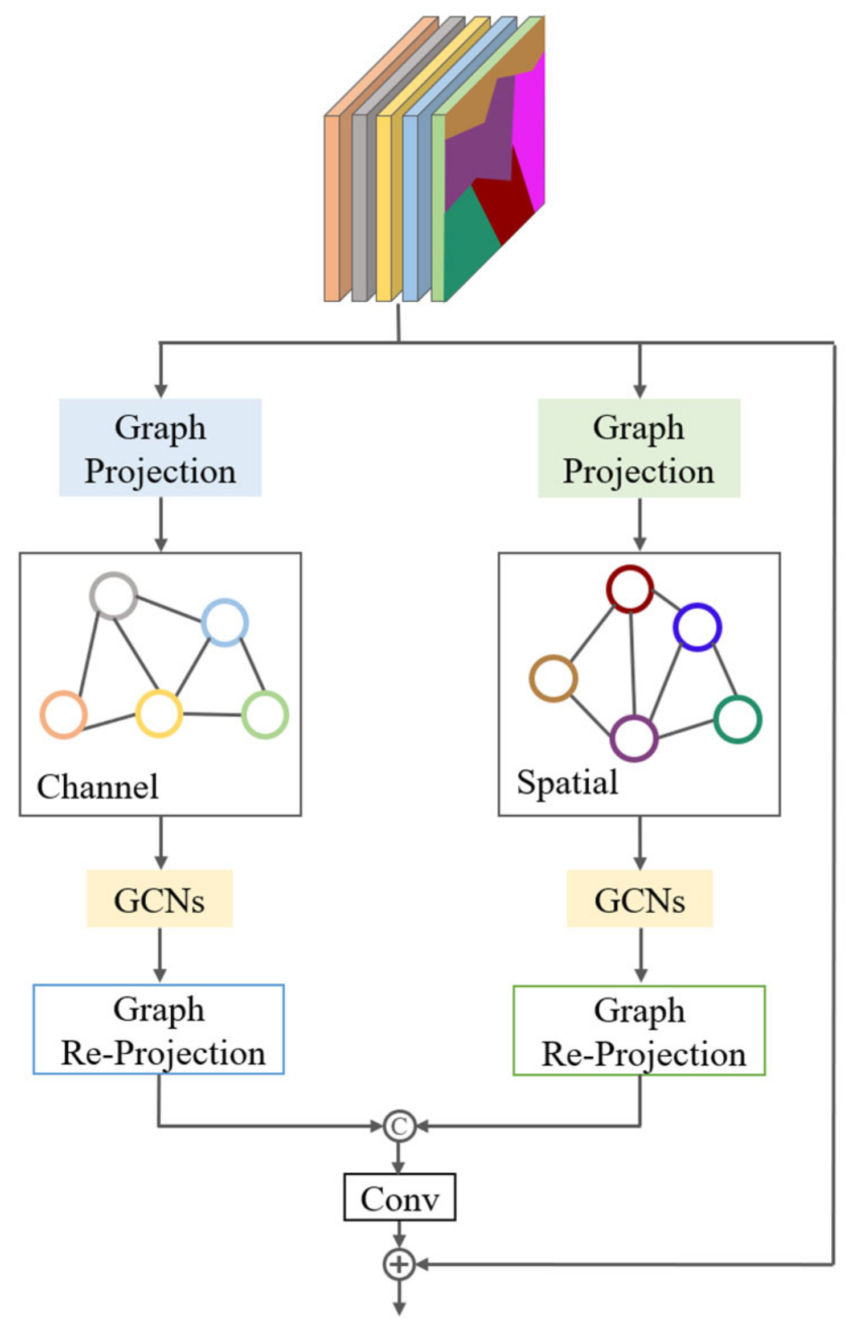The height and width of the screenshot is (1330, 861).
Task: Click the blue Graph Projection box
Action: point(160,448)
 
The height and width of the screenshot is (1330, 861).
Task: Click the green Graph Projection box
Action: point(639,448)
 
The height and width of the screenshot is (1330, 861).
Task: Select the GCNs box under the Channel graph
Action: point(159,898)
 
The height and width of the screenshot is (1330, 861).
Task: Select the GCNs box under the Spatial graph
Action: point(639,898)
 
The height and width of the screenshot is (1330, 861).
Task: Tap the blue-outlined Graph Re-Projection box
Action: point(159,1029)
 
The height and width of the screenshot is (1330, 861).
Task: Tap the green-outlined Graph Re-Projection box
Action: point(639,1031)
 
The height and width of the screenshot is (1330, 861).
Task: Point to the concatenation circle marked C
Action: point(399,1126)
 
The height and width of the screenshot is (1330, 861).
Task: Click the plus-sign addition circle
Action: point(399,1265)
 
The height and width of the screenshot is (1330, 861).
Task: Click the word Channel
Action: point(97,787)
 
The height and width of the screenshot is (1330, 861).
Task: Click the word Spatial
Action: point(567,782)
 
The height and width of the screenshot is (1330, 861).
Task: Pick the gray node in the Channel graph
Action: point(114,596)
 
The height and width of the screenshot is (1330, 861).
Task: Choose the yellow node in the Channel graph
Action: point(159,713)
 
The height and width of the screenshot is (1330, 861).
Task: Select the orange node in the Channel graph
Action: point(63,715)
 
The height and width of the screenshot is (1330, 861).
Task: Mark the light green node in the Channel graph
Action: point(265,715)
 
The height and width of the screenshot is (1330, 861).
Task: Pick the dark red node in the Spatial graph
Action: point(630,589)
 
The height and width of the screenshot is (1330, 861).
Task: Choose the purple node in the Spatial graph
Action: point(634,738)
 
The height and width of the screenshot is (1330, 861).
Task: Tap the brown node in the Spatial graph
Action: point(553,678)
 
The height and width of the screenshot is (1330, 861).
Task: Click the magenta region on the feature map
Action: point(530,125)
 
